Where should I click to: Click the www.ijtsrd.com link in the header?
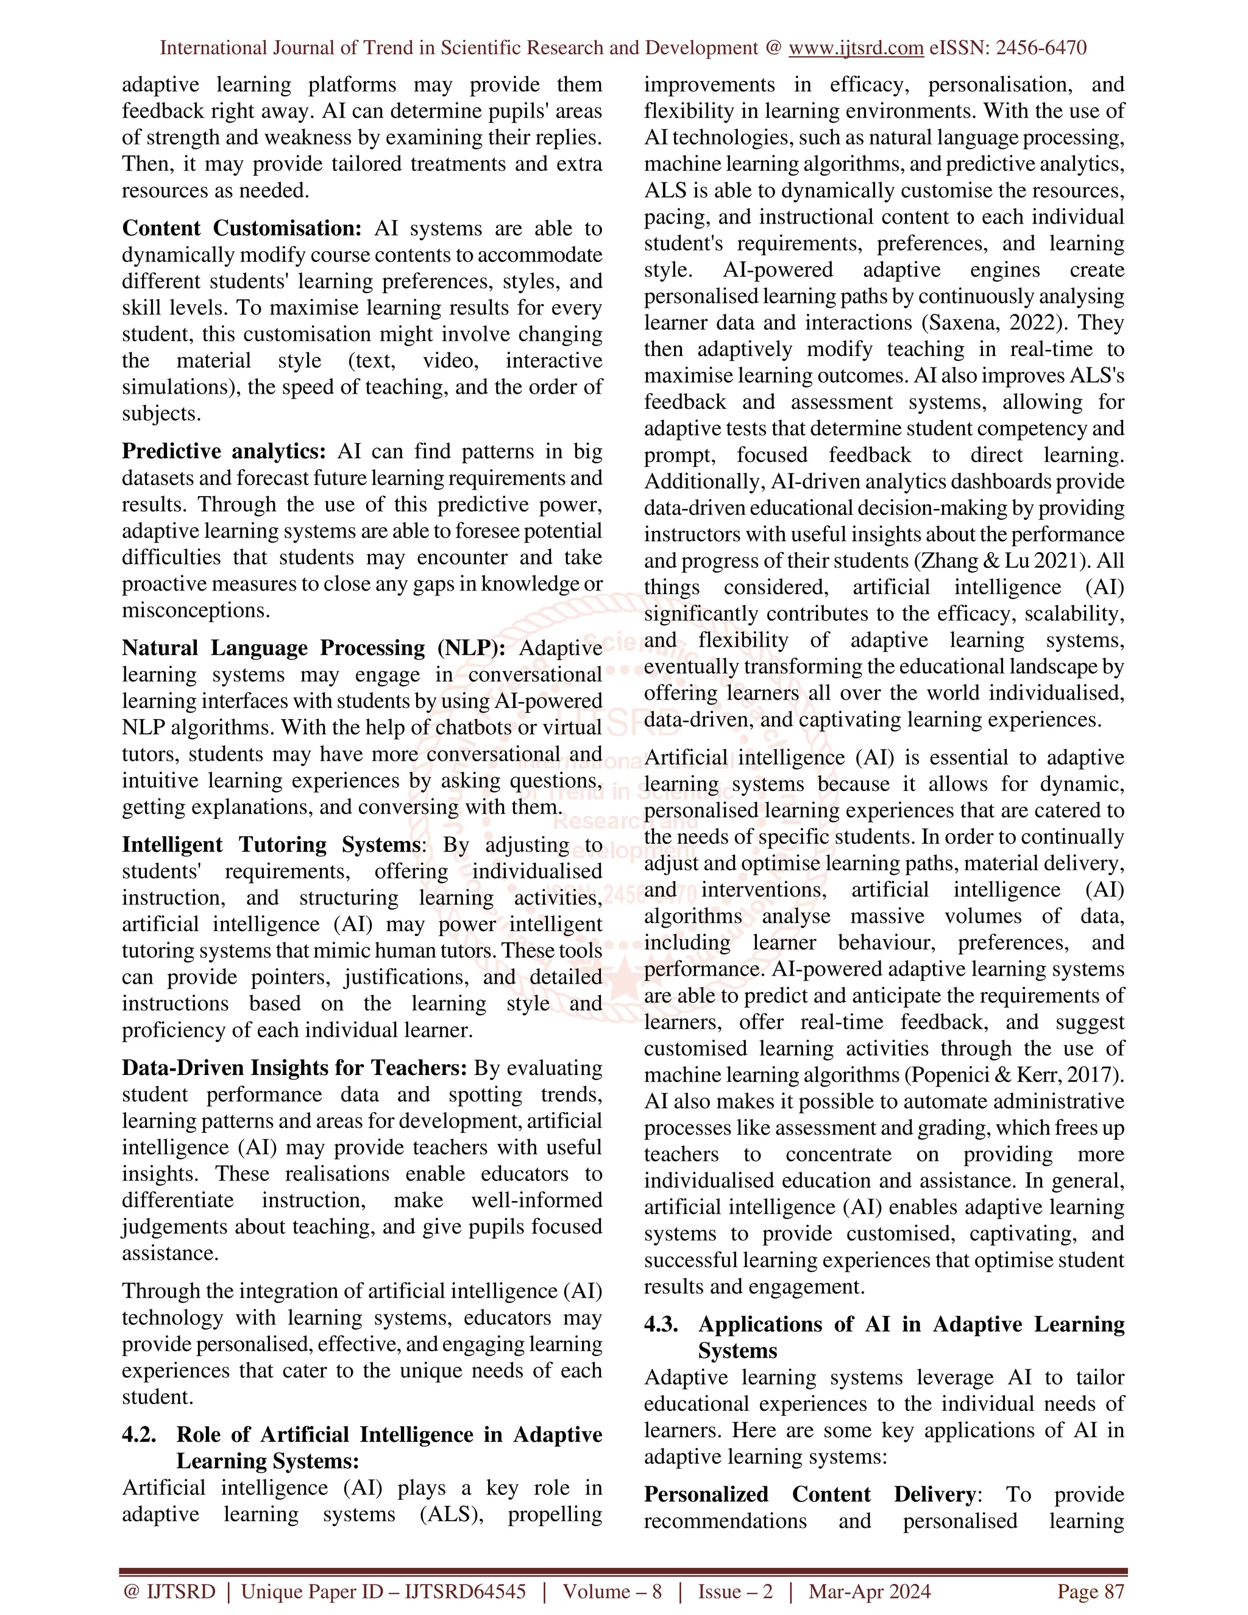tap(856, 48)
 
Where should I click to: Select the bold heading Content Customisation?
tap(242, 229)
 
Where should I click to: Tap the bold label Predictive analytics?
tap(223, 451)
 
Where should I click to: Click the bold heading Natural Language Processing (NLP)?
tap(313, 648)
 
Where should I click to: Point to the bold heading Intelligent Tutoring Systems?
tap(271, 845)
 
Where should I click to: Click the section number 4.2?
tap(139, 1435)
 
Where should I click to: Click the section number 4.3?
tap(661, 1324)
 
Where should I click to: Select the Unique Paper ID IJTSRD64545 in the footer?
tap(384, 1591)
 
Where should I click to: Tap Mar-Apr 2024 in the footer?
tap(870, 1591)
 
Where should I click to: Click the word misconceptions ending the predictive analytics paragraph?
tap(194, 610)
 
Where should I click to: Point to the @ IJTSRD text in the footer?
tap(169, 1591)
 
